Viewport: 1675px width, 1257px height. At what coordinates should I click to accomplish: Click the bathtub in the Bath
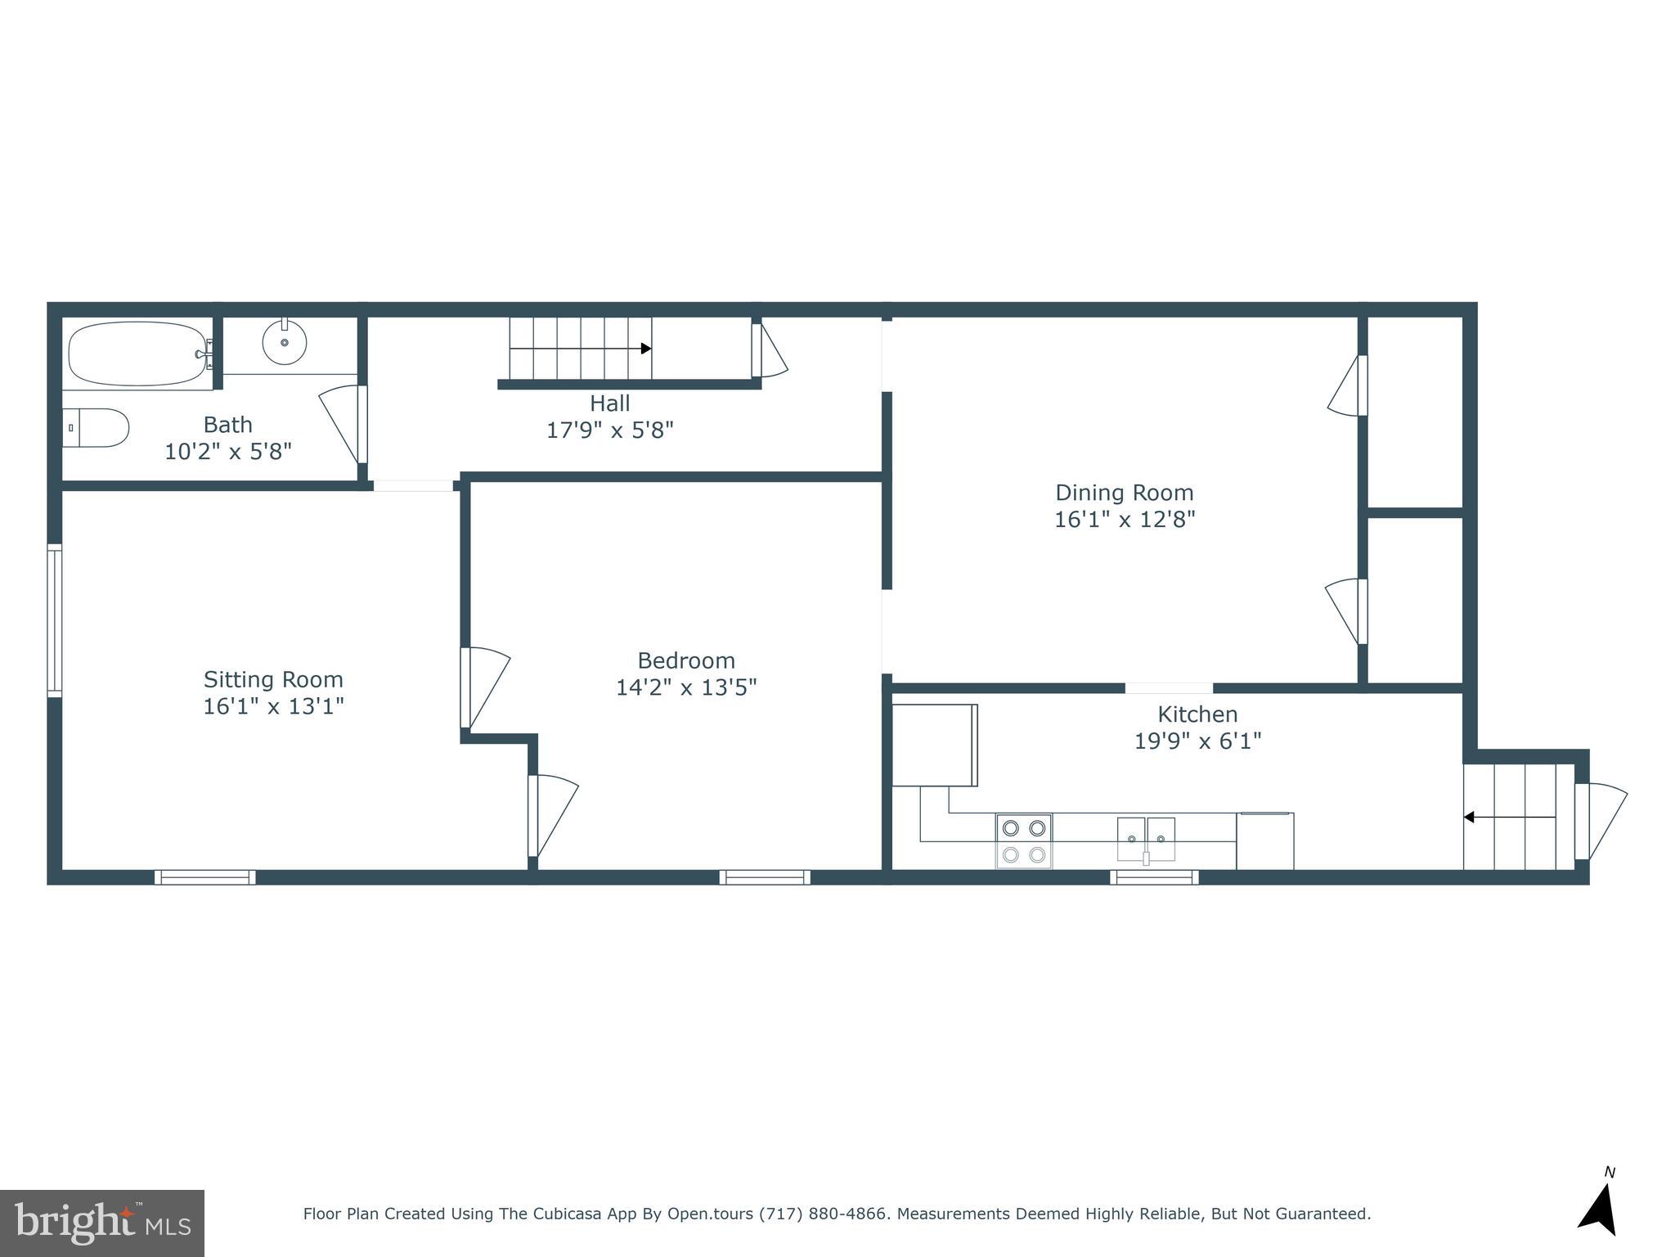(137, 354)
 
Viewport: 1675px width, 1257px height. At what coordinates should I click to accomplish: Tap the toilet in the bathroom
(97, 427)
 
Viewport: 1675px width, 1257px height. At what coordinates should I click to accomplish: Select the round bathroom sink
(285, 342)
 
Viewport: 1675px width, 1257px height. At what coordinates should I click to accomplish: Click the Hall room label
(609, 403)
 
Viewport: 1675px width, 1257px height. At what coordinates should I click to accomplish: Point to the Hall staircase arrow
(644, 349)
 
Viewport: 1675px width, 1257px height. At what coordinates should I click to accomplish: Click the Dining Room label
(1124, 493)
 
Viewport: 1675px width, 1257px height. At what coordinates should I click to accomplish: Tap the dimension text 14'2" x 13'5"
(685, 687)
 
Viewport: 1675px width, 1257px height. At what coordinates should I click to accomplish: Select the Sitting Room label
(273, 679)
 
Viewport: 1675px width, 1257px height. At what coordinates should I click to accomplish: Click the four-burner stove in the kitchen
(1023, 841)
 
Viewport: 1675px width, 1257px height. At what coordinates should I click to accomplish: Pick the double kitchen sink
(1146, 839)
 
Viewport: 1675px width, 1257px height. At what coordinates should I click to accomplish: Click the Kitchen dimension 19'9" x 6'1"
(1197, 741)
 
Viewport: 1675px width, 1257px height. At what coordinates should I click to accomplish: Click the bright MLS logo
(101, 1223)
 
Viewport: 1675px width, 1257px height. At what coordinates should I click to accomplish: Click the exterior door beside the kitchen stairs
(1599, 821)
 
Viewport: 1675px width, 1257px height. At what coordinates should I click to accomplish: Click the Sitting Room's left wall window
(54, 620)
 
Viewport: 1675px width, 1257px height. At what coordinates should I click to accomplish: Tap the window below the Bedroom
(765, 877)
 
